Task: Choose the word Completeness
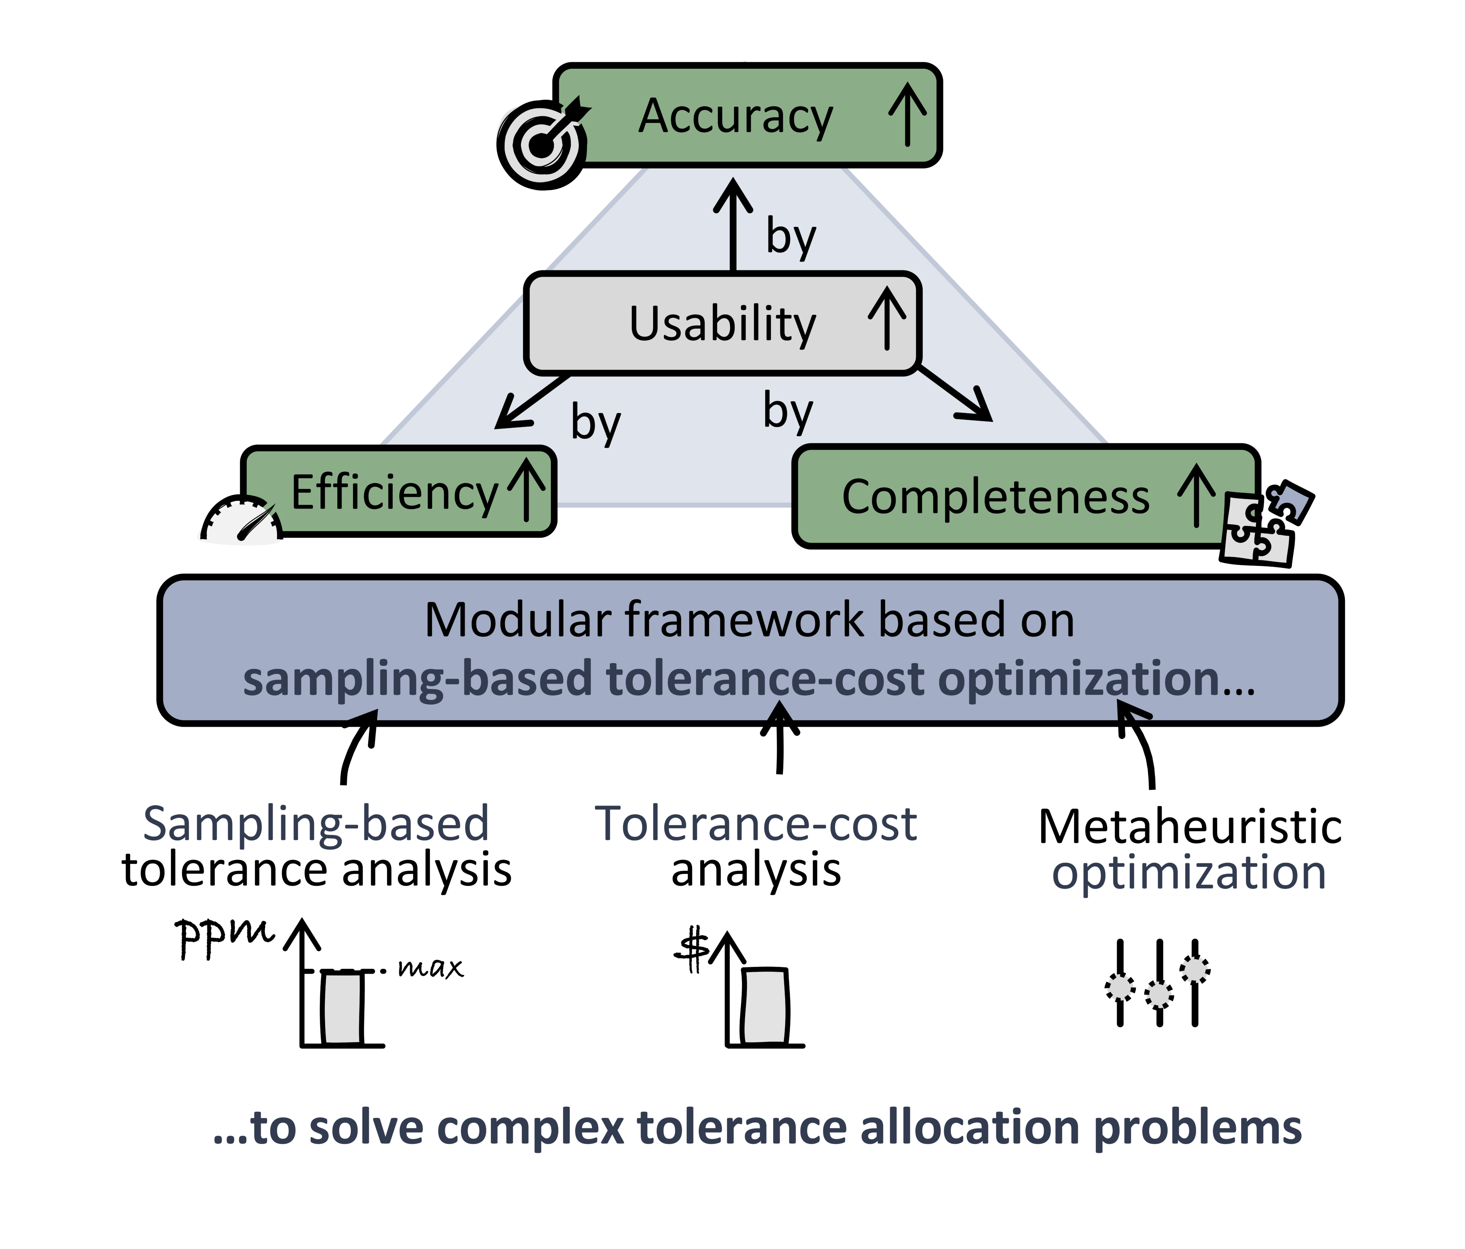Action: point(995,497)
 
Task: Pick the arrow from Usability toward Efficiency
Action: point(532,402)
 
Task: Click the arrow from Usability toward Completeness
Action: point(955,393)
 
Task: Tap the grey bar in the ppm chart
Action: point(343,1009)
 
